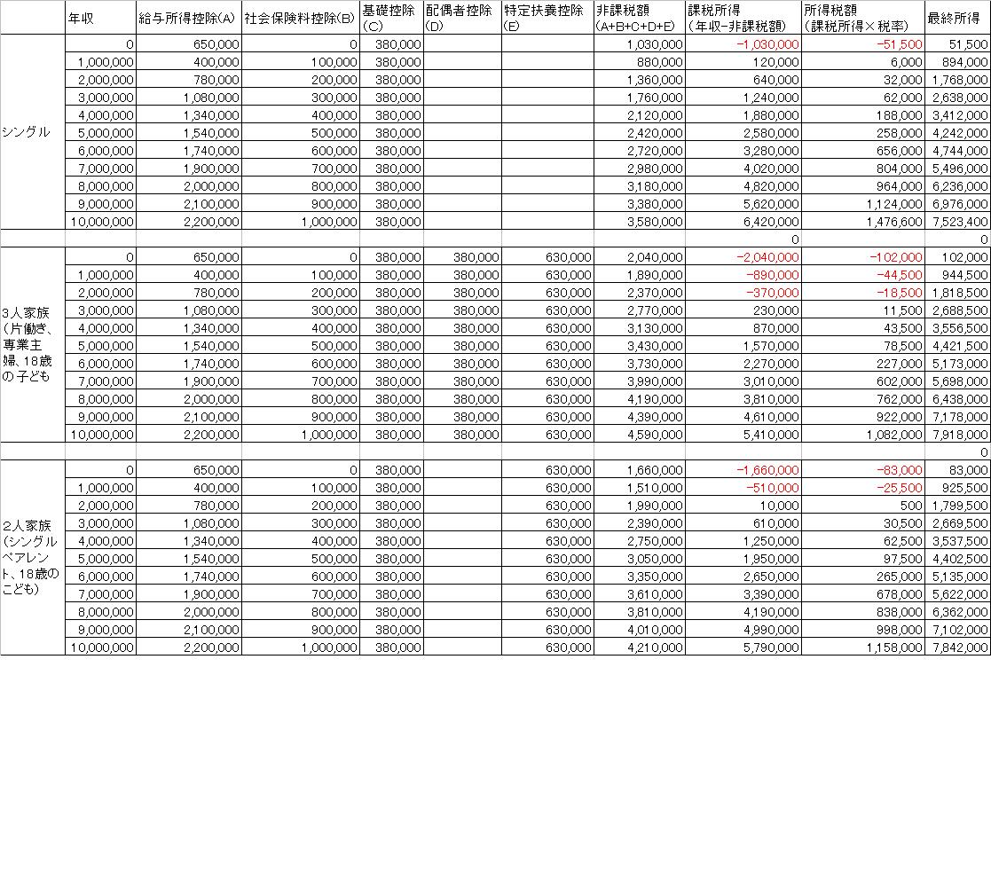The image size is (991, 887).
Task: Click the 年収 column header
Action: point(82,17)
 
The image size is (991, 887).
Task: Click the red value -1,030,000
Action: point(767,43)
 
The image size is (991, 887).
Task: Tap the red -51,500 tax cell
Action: point(898,43)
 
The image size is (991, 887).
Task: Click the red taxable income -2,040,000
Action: point(767,256)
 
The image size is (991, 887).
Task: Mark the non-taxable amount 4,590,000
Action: point(655,434)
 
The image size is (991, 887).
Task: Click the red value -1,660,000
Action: point(767,469)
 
